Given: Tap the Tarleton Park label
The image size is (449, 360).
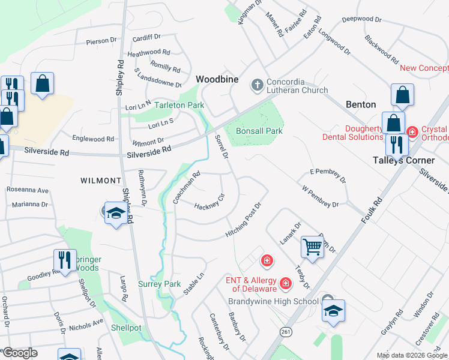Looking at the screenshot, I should pyautogui.click(x=179, y=105).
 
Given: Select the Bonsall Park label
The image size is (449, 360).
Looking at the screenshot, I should pyautogui.click(x=259, y=131).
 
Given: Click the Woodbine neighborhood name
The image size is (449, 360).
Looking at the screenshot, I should pyautogui.click(x=217, y=80).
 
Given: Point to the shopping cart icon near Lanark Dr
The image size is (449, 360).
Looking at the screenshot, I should pyautogui.click(x=312, y=246).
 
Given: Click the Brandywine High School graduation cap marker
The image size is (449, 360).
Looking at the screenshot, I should pyautogui.click(x=333, y=311).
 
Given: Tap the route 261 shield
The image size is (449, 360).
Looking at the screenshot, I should pyautogui.click(x=284, y=331).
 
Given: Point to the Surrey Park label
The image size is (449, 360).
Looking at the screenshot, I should pyautogui.click(x=159, y=284).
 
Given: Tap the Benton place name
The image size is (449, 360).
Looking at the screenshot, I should pyautogui.click(x=361, y=104).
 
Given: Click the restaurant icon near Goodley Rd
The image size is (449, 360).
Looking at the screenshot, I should pyautogui.click(x=63, y=260).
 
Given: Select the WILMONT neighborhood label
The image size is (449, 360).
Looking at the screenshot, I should pyautogui.click(x=101, y=180).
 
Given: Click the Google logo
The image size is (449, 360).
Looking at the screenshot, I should pyautogui.click(x=20, y=353).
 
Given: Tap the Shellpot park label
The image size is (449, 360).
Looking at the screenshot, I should pyautogui.click(x=125, y=328).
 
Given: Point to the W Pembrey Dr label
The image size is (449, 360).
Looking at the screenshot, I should pyautogui.click(x=321, y=196).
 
